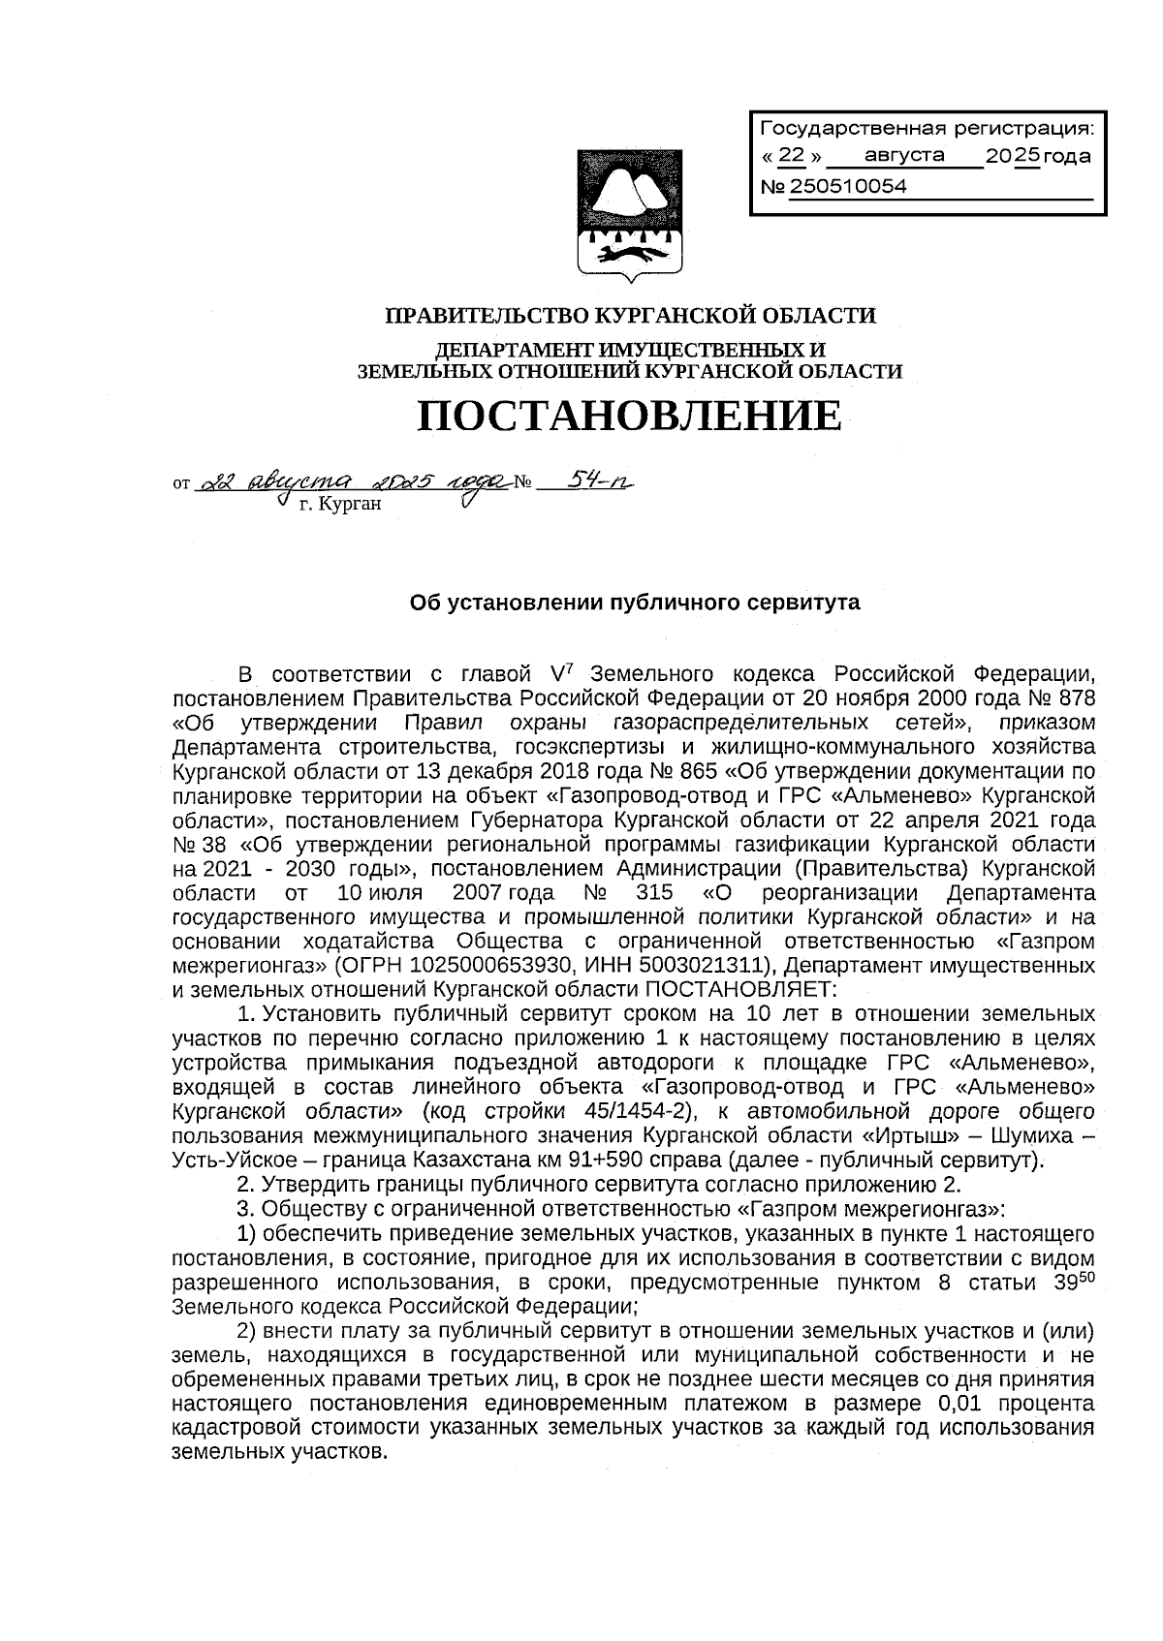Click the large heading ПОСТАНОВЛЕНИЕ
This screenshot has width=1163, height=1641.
(x=630, y=417)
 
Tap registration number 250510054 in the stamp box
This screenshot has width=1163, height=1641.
(x=849, y=187)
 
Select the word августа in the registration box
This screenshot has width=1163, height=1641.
(x=904, y=155)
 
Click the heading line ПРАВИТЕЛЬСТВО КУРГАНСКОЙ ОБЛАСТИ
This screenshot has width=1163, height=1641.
(x=631, y=315)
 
